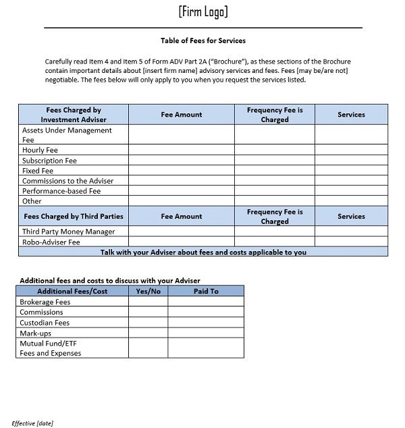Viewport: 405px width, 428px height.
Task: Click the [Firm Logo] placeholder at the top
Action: tap(203, 11)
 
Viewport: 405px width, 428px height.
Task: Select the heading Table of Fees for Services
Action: tap(202, 41)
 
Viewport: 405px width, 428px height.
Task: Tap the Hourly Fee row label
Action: tap(40, 150)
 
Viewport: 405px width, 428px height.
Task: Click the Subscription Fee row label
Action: tap(49, 161)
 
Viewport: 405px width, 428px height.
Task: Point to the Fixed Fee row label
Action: tap(37, 171)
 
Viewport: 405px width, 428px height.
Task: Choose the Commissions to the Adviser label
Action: tap(67, 181)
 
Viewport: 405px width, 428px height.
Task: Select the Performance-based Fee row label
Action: tap(61, 191)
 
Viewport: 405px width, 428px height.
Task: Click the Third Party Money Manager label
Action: tap(68, 232)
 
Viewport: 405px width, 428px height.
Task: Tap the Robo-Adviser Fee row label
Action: tap(51, 242)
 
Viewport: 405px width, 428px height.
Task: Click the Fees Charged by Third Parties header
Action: tap(74, 217)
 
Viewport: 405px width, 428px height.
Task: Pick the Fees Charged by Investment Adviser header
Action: tap(74, 115)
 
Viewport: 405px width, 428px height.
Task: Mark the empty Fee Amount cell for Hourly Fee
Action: tap(181, 150)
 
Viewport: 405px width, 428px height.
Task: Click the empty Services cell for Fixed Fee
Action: tap(351, 171)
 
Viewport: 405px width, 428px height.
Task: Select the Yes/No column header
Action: tap(148, 291)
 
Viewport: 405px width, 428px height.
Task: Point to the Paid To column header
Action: tap(206, 291)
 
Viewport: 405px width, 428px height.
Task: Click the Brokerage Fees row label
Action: tap(45, 302)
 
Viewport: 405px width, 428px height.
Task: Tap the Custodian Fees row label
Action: tap(45, 323)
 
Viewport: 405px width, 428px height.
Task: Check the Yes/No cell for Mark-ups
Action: tap(148, 333)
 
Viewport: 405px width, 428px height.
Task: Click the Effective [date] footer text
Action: tap(32, 423)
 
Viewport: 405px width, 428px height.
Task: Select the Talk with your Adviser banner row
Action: tap(203, 252)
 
